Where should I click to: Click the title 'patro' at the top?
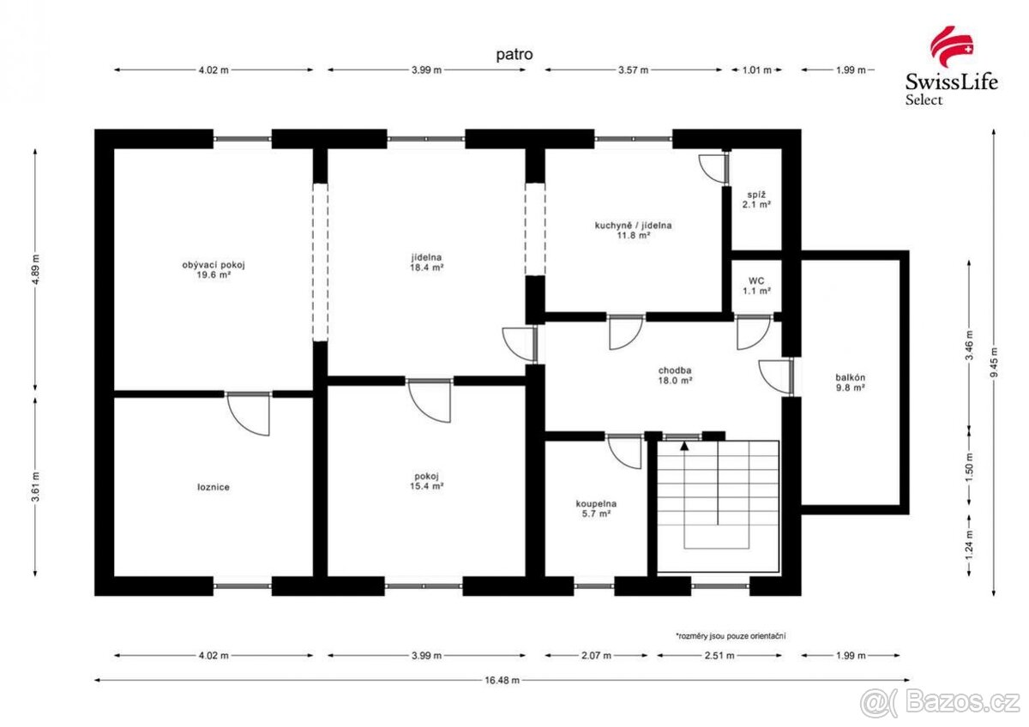coord(514,54)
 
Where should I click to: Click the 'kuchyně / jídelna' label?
coord(634,230)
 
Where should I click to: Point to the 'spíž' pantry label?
coord(755,200)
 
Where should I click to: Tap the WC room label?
coord(755,285)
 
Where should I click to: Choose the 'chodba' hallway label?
coord(675,374)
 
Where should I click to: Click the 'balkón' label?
coord(850,382)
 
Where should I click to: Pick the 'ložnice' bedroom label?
coord(213,487)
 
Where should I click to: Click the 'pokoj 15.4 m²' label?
coord(425,481)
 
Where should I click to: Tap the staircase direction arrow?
coord(683,445)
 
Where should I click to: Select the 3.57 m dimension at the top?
coord(634,70)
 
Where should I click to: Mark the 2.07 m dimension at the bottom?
coord(595,656)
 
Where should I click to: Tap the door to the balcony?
coord(776,376)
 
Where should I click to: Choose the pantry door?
coord(713,166)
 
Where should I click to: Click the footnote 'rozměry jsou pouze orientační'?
coord(731,635)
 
